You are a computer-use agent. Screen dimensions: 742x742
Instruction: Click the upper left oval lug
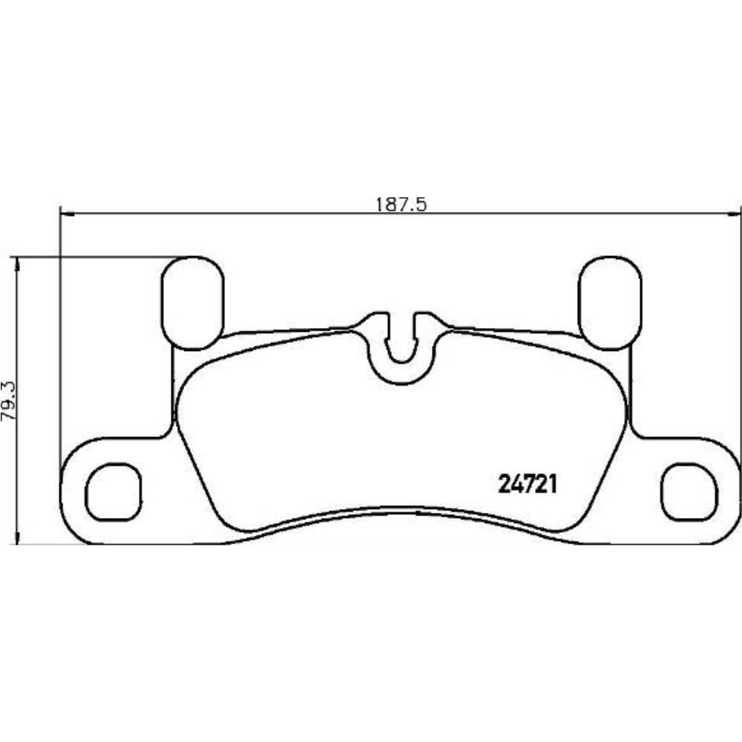(192, 303)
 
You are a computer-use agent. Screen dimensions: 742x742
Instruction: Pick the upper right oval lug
(609, 303)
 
